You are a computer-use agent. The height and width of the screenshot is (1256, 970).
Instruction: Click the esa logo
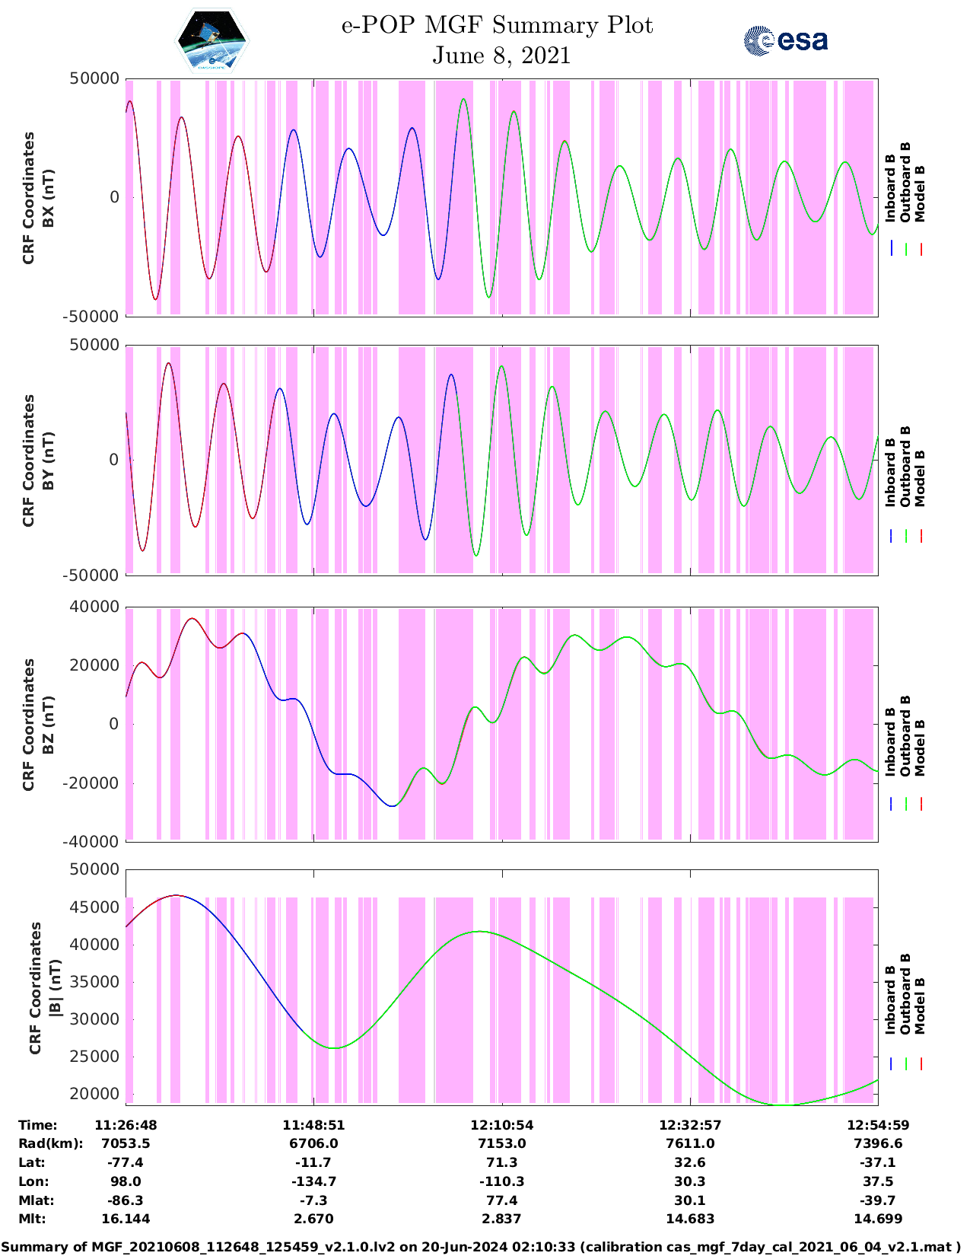point(786,40)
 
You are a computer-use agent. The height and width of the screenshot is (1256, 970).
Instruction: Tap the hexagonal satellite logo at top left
point(212,40)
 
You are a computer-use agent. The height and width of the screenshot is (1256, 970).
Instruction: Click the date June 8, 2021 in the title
point(501,56)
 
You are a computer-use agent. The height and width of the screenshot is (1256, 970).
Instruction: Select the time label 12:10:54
point(501,1124)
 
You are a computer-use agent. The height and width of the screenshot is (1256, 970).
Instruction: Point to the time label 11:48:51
point(313,1124)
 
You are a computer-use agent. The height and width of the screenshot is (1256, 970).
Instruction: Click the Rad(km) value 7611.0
point(689,1143)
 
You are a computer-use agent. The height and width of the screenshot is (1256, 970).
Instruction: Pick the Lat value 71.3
point(501,1162)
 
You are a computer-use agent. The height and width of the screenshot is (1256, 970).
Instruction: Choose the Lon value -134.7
point(313,1181)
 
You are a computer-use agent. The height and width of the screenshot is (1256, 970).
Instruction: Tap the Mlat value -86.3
point(126,1200)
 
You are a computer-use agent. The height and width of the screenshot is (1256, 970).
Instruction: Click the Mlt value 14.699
point(878,1219)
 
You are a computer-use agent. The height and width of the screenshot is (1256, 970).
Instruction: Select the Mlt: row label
point(32,1219)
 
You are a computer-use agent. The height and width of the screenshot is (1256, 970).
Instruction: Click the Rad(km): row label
point(50,1143)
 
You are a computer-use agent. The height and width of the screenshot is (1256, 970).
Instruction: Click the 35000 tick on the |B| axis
point(94,982)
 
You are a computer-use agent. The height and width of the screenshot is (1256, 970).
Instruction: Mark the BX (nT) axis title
point(48,198)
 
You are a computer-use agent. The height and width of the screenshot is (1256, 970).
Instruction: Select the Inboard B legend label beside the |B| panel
point(890,999)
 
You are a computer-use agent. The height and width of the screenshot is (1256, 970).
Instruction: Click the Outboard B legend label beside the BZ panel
point(905,736)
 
